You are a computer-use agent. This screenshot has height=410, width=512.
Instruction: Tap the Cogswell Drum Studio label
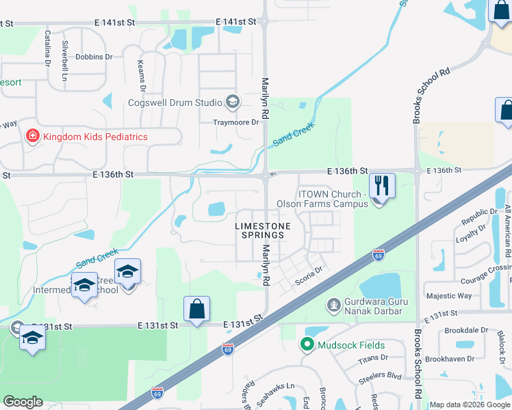click(x=175, y=102)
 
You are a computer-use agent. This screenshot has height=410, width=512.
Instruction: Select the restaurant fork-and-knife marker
click(x=382, y=185)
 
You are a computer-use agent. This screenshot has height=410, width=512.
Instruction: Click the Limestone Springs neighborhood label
click(x=263, y=230)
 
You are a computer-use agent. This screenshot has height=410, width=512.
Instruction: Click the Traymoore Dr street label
click(x=238, y=122)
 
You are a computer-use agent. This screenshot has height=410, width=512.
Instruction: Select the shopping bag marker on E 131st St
click(x=196, y=308)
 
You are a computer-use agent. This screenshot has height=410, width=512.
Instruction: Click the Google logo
click(x=23, y=402)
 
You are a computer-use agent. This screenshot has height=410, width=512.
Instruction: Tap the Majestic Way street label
click(x=449, y=296)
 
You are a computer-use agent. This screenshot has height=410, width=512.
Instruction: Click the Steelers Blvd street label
click(x=385, y=375)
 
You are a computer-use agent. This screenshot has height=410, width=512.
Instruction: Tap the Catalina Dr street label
click(x=48, y=47)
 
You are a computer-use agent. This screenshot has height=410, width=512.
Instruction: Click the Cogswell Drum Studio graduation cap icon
click(x=232, y=102)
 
